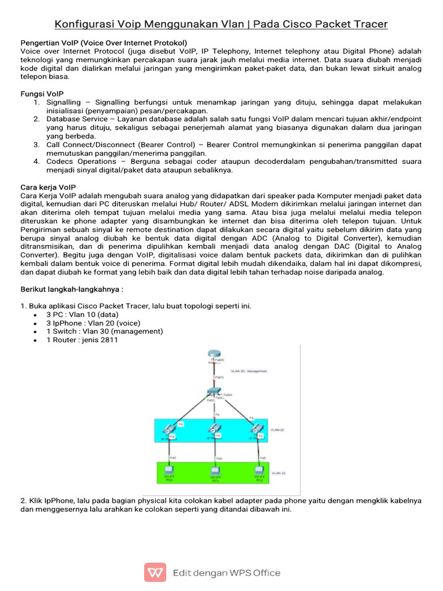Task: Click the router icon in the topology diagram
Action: coord(215,354)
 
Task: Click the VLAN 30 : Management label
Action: coord(248,371)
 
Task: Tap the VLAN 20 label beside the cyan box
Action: coord(277,430)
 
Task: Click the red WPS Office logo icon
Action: coord(155,573)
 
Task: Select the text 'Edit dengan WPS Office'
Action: coord(227,573)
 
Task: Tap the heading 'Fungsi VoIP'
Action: coord(42,93)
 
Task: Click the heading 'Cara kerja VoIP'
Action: coord(48,188)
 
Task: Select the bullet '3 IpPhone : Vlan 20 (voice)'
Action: coord(93,323)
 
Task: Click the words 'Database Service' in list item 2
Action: coord(76,118)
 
